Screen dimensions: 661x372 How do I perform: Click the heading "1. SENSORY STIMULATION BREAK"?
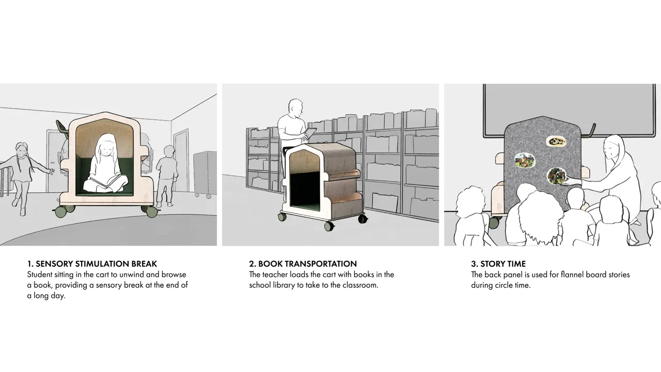click(92, 263)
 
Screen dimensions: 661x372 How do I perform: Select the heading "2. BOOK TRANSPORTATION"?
click(303, 263)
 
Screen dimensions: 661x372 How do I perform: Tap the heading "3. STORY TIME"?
click(498, 263)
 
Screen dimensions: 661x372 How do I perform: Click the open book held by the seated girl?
click(104, 181)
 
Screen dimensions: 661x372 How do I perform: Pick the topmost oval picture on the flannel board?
click(556, 142)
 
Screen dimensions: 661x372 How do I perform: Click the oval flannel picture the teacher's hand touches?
click(556, 176)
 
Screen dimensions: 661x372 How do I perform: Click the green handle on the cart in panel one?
click(61, 127)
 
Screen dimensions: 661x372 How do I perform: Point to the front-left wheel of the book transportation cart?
click(282, 216)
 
